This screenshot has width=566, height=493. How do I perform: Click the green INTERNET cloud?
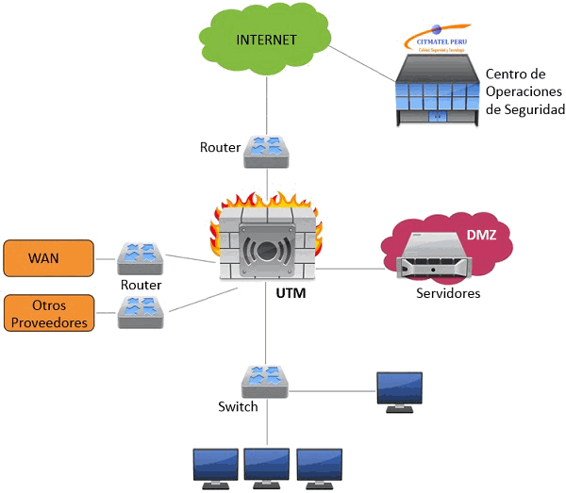pos(267,40)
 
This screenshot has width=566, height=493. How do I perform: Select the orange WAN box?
pos(48,257)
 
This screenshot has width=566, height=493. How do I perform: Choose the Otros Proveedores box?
pos(48,313)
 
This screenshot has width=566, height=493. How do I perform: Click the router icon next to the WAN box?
pos(141,257)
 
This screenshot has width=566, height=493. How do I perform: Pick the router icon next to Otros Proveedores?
pos(141,312)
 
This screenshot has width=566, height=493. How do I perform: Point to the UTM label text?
pos(291,295)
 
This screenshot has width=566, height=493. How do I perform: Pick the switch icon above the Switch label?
pos(265,380)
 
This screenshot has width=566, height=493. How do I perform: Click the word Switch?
pos(238,407)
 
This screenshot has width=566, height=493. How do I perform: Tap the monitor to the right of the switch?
pos(399,391)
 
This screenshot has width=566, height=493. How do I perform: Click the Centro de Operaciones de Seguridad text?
pos(524,91)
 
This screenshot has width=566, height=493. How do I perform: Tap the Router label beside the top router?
pos(220,148)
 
